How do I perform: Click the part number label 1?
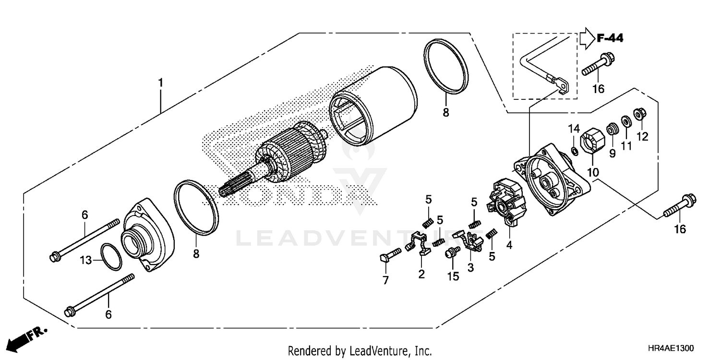pyautogui.click(x=161, y=83)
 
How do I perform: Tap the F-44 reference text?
pyautogui.click(x=610, y=38)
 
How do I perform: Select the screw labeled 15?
pyautogui.click(x=452, y=253)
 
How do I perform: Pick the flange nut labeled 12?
pyautogui.click(x=639, y=114)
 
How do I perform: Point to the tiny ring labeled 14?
pyautogui.click(x=573, y=152)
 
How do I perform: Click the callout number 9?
pyautogui.click(x=612, y=154)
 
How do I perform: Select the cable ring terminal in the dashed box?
pyautogui.click(x=562, y=85)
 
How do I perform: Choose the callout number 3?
pyautogui.click(x=470, y=267)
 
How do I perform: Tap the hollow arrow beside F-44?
pyautogui.click(x=587, y=38)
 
